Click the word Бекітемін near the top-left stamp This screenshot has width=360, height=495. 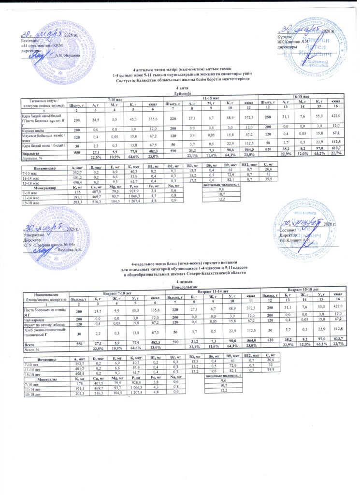click(31, 40)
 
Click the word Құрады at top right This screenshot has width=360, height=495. click(284, 37)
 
